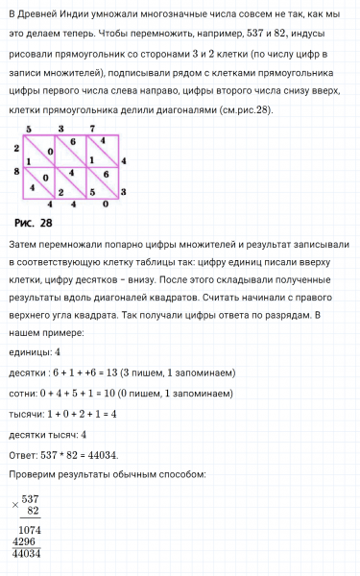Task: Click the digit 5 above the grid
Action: coord(29,128)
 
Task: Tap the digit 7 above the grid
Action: coord(92,128)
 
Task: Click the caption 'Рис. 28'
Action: coord(34,223)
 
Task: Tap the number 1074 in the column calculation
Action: coord(29,529)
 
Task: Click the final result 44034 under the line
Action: coord(26,553)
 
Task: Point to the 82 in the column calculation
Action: coord(33,510)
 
